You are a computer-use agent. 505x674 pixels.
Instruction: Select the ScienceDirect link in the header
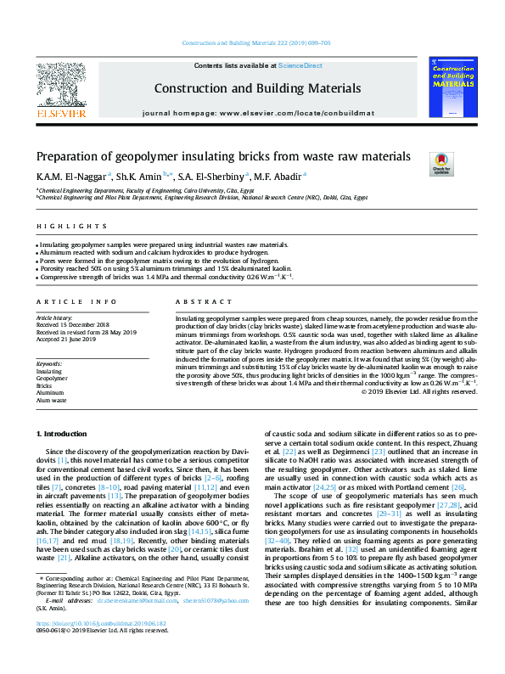(x=300, y=65)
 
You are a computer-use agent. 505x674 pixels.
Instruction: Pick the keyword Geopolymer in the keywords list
(x=52, y=379)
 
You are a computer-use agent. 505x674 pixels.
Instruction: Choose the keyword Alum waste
(x=52, y=399)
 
